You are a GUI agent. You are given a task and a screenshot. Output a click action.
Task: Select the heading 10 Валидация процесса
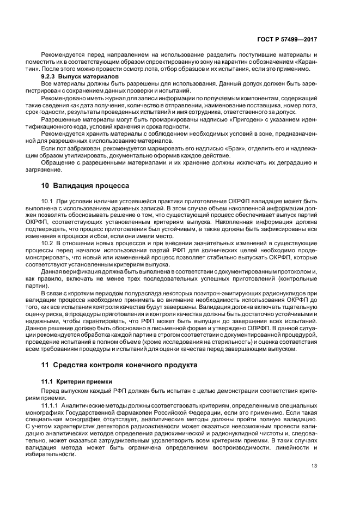tap(86, 185)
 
